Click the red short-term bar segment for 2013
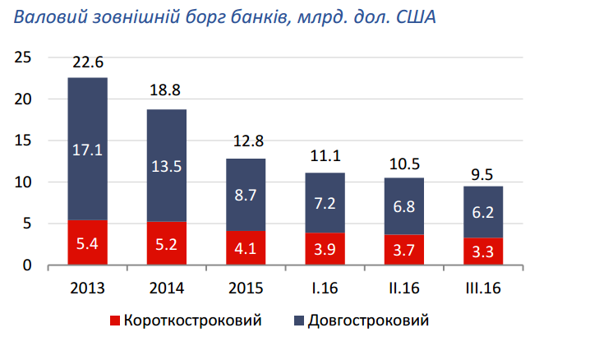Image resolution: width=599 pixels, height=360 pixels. click(x=87, y=242)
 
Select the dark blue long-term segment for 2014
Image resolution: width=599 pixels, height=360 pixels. click(x=167, y=164)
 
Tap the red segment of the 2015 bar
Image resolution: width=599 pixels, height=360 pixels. click(x=246, y=247)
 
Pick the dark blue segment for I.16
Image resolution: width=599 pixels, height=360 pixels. click(x=325, y=202)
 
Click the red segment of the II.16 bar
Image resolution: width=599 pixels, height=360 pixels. click(x=404, y=250)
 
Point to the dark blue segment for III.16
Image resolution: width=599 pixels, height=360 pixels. click(x=483, y=211)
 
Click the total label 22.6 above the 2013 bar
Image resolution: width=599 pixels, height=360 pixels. click(x=87, y=62)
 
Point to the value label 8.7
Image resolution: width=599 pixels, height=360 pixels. click(x=246, y=196)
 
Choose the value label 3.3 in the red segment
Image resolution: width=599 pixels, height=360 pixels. click(x=483, y=252)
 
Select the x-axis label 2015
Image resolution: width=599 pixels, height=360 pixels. click(x=246, y=288)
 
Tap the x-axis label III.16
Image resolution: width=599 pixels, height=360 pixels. click(x=483, y=288)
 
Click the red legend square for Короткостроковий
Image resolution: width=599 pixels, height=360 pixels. click(x=115, y=320)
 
